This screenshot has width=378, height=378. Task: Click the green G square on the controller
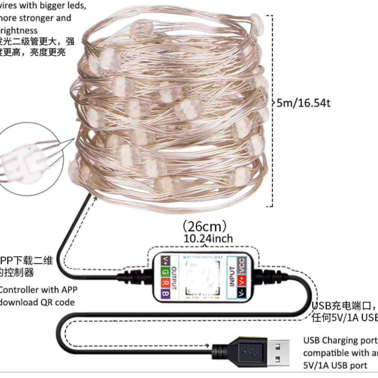165,272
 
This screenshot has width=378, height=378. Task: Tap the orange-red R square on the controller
165,283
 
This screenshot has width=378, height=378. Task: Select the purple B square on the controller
165,293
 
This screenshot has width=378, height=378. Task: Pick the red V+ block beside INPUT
241,281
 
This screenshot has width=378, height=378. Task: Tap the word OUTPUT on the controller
174,278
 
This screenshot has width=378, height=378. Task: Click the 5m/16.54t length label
303,103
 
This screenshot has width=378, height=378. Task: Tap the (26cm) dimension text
204,227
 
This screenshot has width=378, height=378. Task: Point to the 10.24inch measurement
208,239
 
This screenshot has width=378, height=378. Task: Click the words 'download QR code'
37,302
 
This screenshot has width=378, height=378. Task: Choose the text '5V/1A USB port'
335,366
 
